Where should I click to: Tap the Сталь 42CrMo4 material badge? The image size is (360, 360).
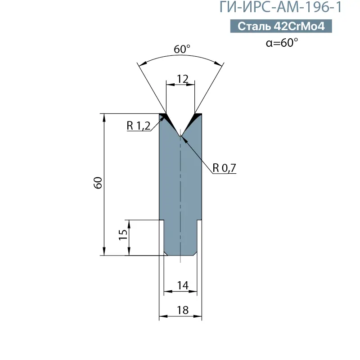point(281,27)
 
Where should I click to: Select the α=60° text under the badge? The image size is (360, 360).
point(282,43)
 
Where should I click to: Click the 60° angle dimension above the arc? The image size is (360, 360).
point(181,49)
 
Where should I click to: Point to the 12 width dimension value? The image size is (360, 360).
point(182,79)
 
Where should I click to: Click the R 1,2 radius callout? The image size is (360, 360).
point(138,126)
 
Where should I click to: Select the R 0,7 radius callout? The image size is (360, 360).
point(224,168)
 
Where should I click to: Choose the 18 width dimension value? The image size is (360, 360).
point(182,310)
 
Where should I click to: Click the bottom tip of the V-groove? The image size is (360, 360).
point(180,135)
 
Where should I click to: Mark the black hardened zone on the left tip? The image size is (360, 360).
point(166,117)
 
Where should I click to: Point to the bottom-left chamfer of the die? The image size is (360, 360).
point(166,254)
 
